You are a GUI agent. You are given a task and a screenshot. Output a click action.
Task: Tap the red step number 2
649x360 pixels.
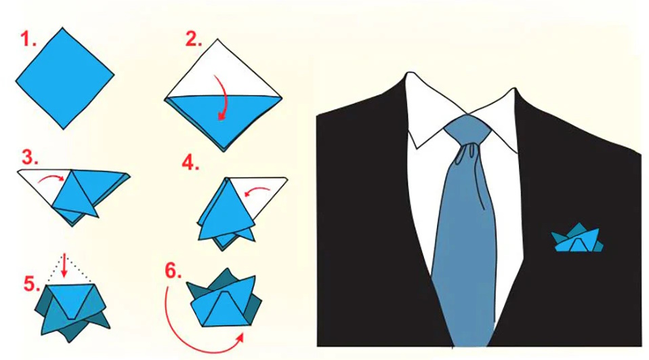(x=194, y=39)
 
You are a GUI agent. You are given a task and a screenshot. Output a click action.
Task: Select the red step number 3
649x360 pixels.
(x=29, y=158)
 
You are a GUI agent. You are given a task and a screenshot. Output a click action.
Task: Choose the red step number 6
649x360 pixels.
(x=174, y=271)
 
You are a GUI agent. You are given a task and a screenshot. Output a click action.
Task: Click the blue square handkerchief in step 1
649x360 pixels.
(x=64, y=77)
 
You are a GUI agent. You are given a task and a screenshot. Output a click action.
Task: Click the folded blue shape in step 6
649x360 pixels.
(x=223, y=302)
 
